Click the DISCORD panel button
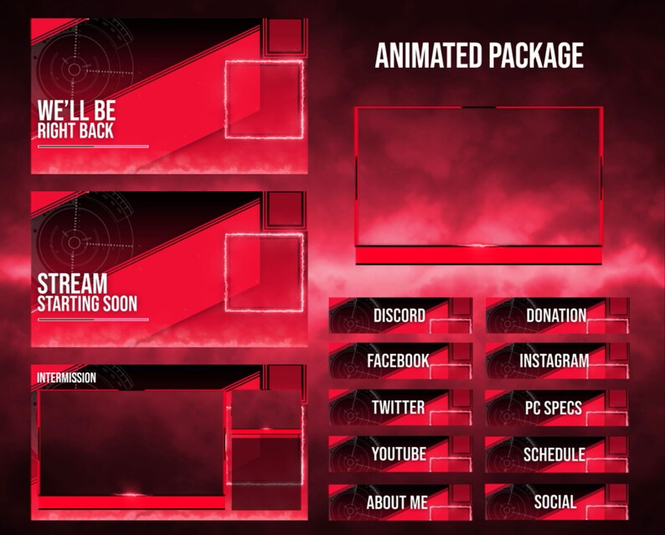[x=400, y=315]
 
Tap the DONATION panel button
[x=556, y=315]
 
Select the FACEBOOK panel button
[x=400, y=361]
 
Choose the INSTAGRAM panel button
[x=556, y=361]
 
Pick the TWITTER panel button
[x=400, y=408]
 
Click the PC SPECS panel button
[x=556, y=408]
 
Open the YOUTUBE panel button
[x=400, y=454]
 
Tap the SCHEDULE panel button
[x=556, y=454]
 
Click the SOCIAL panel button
[x=556, y=502]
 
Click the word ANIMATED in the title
[x=426, y=56]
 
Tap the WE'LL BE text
[x=76, y=110]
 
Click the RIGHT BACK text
[x=75, y=132]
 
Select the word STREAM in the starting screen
[x=72, y=283]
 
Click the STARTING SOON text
[x=87, y=304]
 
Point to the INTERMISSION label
[x=66, y=378]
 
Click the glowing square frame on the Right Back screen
[x=264, y=100]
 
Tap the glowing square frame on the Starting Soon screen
[x=264, y=272]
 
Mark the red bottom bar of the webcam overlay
[x=478, y=255]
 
